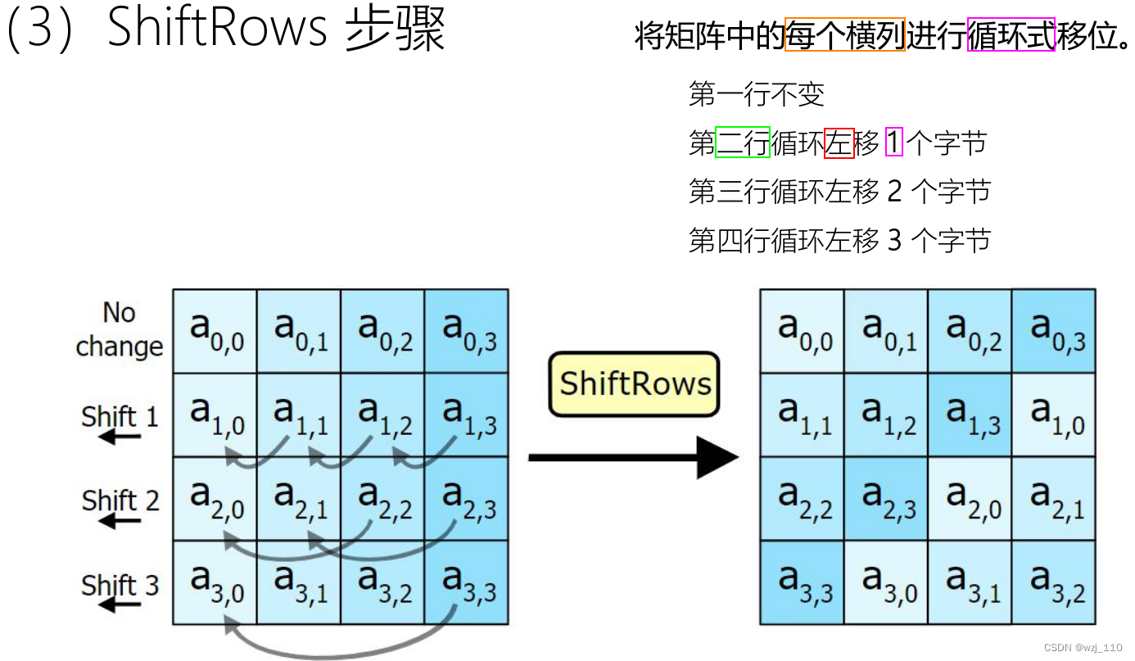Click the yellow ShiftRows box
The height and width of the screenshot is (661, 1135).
click(634, 384)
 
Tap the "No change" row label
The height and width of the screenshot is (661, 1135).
click(119, 329)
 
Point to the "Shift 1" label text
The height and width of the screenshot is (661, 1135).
click(120, 416)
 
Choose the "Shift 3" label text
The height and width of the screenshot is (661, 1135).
click(120, 585)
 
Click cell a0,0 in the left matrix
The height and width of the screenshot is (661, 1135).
click(215, 331)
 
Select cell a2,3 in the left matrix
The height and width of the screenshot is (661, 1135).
click(467, 499)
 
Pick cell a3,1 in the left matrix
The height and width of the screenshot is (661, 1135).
click(299, 582)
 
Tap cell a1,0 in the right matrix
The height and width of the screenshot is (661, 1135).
click(1055, 415)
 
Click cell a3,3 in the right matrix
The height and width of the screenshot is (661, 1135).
click(803, 582)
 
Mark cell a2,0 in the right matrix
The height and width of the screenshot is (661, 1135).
click(970, 499)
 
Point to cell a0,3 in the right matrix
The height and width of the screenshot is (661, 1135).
click(1055, 331)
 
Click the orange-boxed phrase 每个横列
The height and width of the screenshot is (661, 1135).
click(844, 35)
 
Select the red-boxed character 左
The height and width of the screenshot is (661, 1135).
click(839, 143)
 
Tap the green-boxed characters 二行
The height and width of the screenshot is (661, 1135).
click(743, 143)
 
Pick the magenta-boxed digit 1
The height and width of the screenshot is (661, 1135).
click(893, 143)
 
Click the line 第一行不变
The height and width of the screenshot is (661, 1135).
click(756, 95)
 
